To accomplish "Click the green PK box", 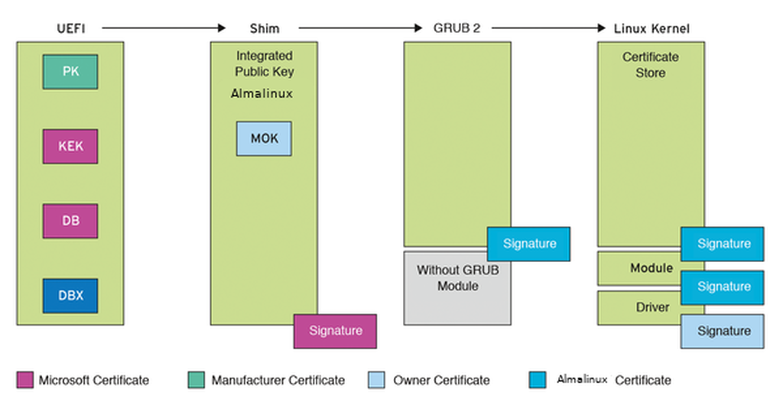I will click(x=70, y=72).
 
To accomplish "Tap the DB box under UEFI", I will click(x=70, y=221).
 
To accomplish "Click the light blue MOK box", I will click(x=264, y=139).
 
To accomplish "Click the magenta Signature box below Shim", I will click(x=335, y=331).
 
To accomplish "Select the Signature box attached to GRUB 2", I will click(x=528, y=244).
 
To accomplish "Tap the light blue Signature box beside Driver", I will click(x=723, y=331).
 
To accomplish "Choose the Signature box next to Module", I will click(x=723, y=287).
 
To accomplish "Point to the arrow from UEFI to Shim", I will click(x=164, y=28).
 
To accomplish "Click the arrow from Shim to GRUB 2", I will click(x=360, y=28).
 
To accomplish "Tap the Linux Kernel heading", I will click(x=651, y=28).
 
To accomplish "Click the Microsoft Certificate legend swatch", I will click(x=24, y=380).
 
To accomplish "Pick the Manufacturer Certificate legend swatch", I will click(x=197, y=380).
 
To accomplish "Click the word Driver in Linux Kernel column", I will click(x=652, y=307).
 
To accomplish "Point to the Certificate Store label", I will click(x=651, y=65).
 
